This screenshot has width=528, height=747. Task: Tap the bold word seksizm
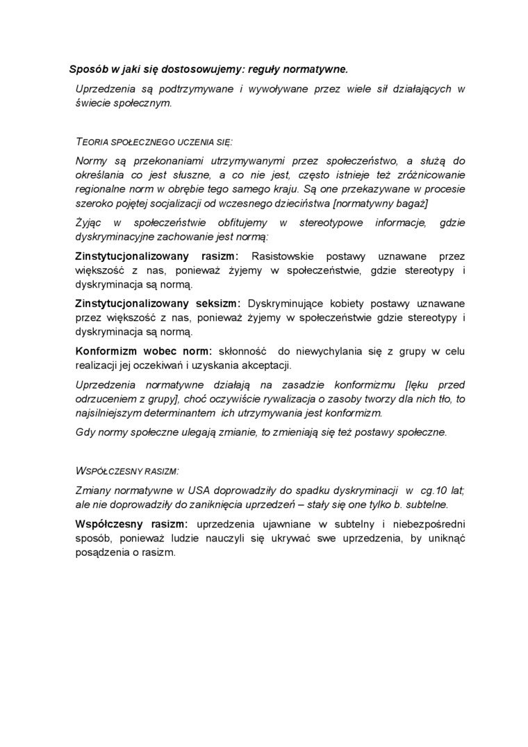pos(215,304)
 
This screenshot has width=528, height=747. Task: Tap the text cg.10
pos(429,490)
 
